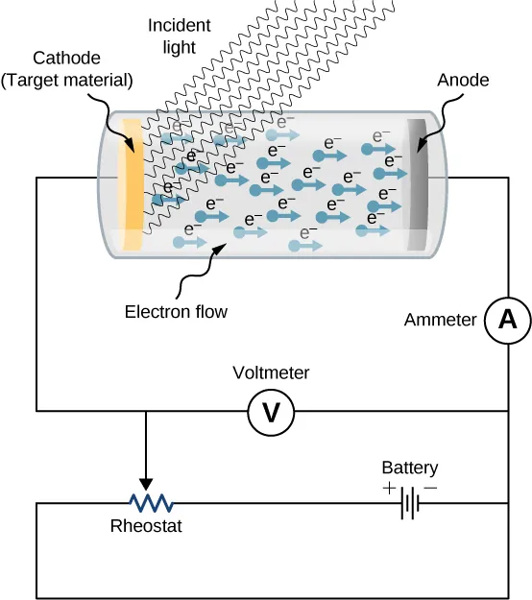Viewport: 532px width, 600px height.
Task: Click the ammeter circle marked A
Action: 507,323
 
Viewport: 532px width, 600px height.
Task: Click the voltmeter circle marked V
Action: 271,412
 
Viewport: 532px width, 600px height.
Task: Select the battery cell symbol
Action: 411,502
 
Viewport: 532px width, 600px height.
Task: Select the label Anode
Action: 463,81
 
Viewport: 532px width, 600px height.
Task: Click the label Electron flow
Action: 177,311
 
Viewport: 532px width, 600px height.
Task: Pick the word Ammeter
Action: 441,320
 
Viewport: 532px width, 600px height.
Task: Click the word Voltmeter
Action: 272,372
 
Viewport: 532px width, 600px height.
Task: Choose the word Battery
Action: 409,468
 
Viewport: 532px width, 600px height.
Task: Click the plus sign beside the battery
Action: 388,488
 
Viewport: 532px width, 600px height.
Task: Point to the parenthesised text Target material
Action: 66,80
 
